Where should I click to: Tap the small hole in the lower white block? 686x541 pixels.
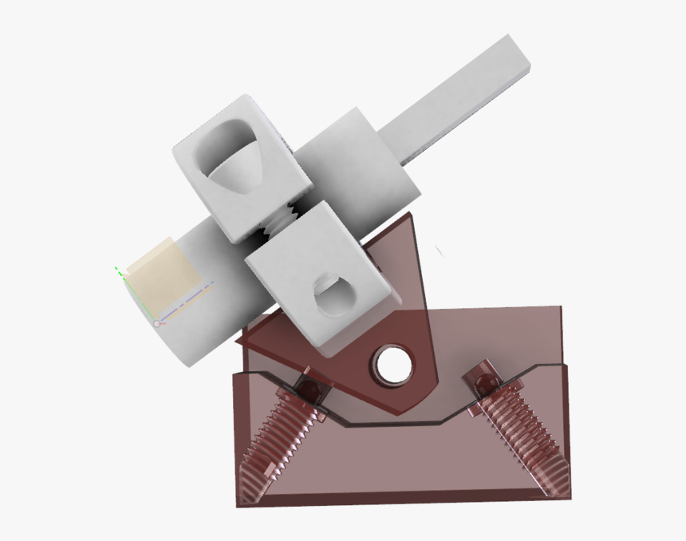coord(331,298)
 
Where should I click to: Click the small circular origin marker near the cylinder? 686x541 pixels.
coord(157,322)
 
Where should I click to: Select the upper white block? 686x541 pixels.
coord(239,168)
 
